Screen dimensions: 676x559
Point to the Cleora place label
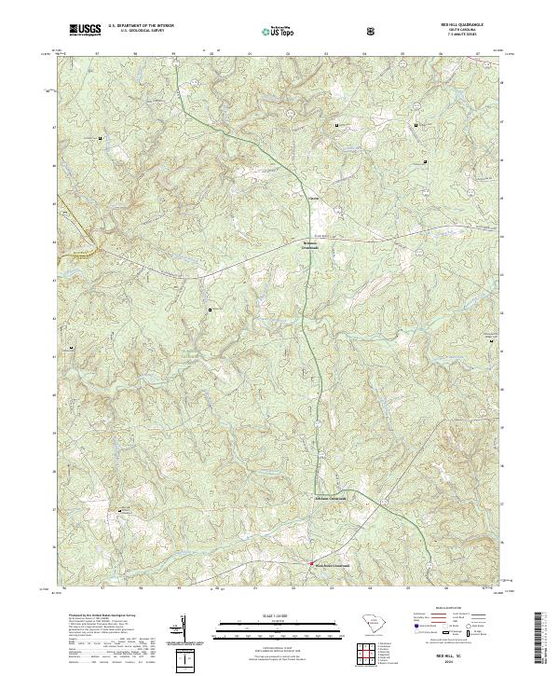pyautogui.click(x=314, y=198)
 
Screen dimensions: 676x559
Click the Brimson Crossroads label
pyautogui.click(x=310, y=246)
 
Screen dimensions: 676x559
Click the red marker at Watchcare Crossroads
pyautogui.click(x=311, y=562)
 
